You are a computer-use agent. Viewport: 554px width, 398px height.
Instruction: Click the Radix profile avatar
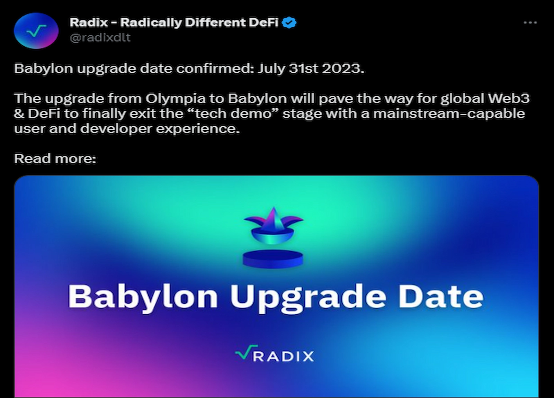tap(36, 31)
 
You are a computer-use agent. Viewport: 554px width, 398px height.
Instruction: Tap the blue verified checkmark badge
tap(289, 23)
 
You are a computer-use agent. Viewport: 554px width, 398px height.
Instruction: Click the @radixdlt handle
tap(100, 37)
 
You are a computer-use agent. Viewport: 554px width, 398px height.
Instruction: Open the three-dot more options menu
tap(530, 23)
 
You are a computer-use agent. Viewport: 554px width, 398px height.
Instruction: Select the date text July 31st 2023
tap(311, 69)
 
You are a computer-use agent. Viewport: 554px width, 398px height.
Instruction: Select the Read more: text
tap(55, 159)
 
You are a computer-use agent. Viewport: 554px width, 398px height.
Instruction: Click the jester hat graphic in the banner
tap(273, 225)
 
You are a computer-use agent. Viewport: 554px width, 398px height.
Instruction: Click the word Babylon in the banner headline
tap(143, 297)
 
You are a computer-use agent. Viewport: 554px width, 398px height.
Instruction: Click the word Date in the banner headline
tap(440, 297)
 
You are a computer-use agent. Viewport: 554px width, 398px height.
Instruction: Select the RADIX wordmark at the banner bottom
tap(284, 356)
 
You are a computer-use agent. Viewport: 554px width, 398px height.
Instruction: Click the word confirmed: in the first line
tap(215, 69)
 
